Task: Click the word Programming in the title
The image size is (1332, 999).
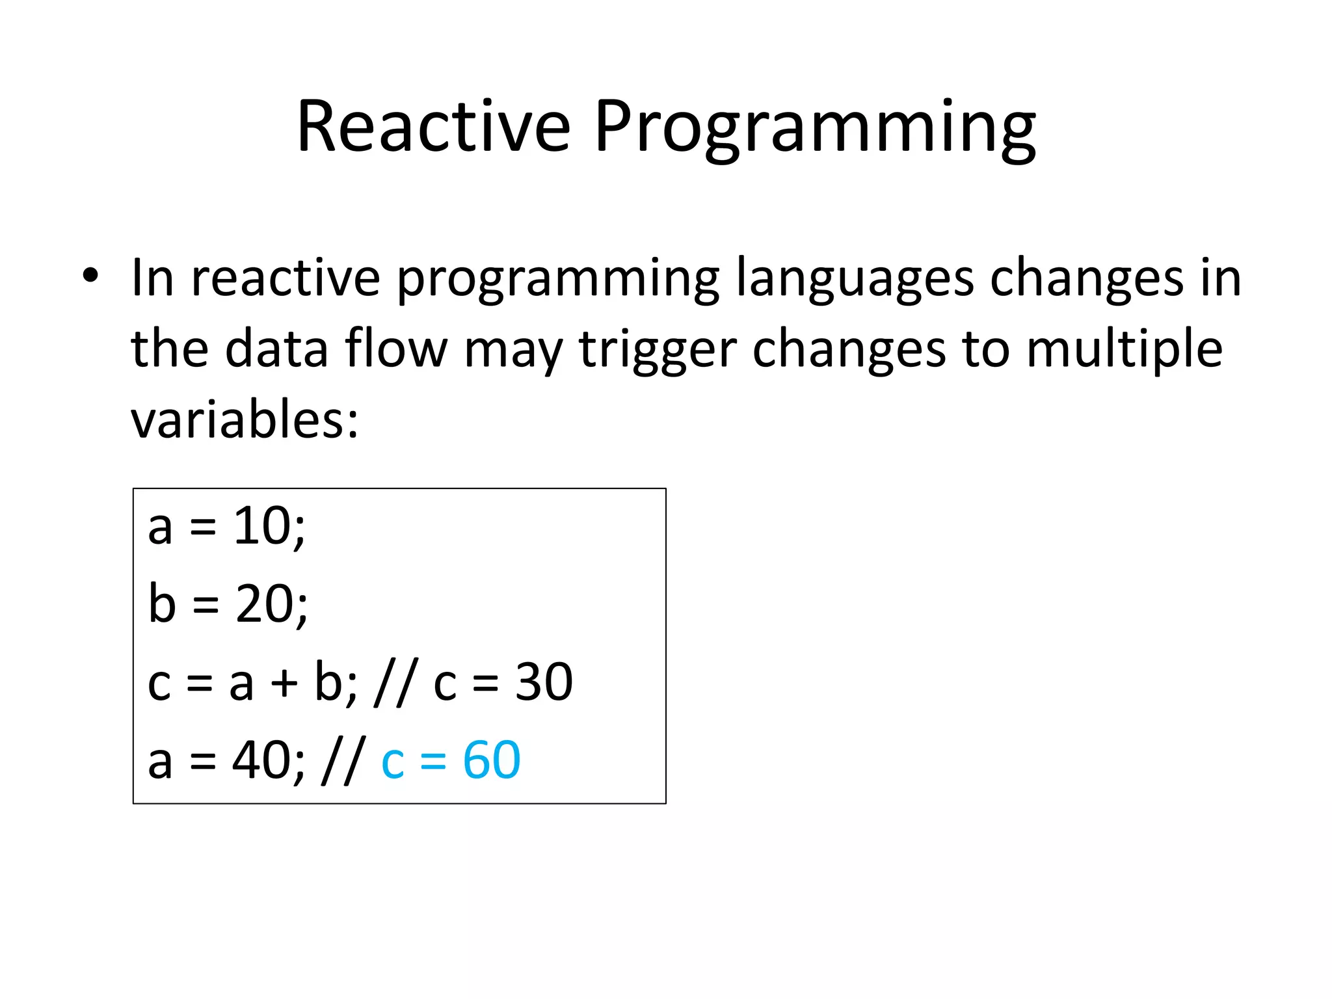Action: point(814,130)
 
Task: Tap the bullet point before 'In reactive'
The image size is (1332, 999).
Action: point(90,276)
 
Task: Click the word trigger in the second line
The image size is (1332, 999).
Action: point(657,352)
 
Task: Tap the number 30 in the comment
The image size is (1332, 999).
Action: point(544,682)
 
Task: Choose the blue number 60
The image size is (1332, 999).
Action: point(491,760)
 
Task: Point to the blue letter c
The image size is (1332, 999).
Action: point(392,762)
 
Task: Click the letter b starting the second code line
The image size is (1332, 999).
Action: point(162,603)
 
